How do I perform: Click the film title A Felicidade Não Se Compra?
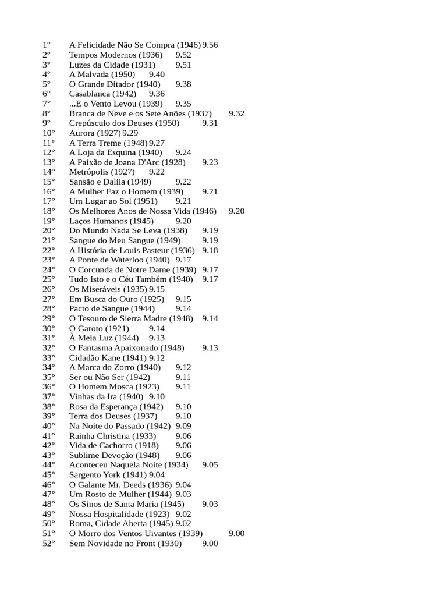[x=134, y=45]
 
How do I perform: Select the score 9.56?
[x=210, y=45]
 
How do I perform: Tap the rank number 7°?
[x=47, y=104]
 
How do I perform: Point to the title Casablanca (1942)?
[x=102, y=94]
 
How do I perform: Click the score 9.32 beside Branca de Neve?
[x=236, y=113]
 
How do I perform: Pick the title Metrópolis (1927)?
[x=102, y=172]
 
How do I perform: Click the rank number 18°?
[x=48, y=211]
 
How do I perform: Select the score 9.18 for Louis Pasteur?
[x=210, y=250]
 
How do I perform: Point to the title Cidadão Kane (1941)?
[x=108, y=358]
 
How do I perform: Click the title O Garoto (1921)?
[x=99, y=328]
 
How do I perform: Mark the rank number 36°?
[x=48, y=387]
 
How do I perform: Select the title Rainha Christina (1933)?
[x=112, y=436]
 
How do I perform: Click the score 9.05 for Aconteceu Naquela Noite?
[x=210, y=465]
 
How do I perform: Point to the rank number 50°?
[x=48, y=524]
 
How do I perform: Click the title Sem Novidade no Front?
[x=125, y=544]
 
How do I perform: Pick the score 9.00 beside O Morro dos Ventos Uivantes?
[x=236, y=534]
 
